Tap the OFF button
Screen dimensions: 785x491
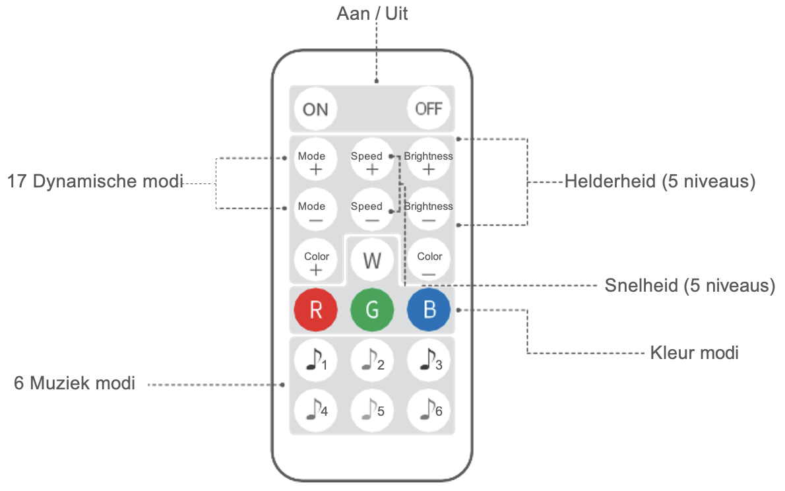tap(429, 109)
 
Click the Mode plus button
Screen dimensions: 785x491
tap(315, 159)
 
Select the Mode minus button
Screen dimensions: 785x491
tap(315, 209)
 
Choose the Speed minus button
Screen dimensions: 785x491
tap(372, 209)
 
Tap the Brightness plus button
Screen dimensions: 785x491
tap(429, 159)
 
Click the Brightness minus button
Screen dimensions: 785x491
tap(429, 209)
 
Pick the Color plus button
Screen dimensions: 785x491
tap(315, 260)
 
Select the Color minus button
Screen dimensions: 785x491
tap(429, 260)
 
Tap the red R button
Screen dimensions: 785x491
tap(315, 310)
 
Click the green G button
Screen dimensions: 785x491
tap(372, 310)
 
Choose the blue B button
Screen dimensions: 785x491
tap(429, 310)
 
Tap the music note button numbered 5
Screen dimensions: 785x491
tap(372, 410)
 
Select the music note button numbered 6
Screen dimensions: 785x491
tap(429, 410)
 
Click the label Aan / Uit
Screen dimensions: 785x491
tap(372, 13)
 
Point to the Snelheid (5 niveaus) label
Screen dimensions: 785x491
tap(690, 286)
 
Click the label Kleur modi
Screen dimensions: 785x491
tap(694, 352)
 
